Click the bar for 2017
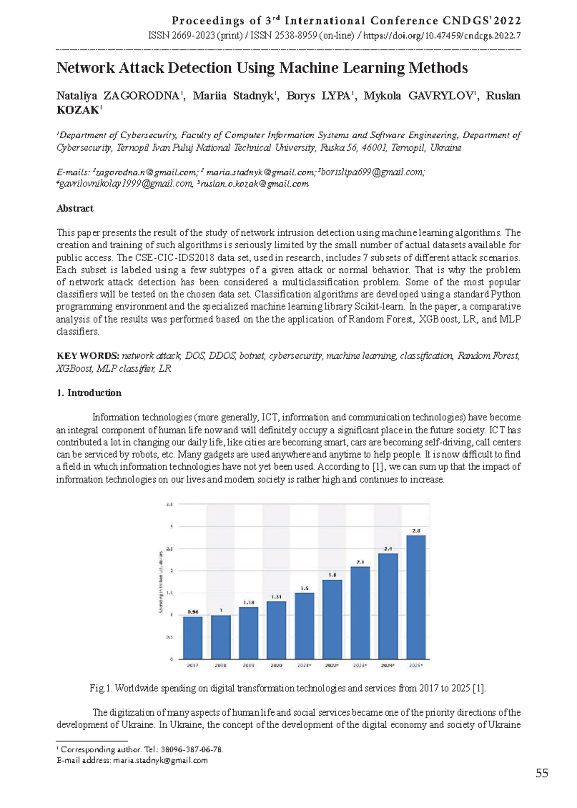(x=192, y=638)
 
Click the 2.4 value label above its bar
(x=388, y=548)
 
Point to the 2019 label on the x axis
(x=248, y=666)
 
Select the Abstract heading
(x=75, y=208)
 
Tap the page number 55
(x=542, y=773)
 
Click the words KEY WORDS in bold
(x=88, y=356)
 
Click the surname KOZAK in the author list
(x=77, y=110)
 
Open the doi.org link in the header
(x=442, y=36)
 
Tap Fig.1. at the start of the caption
(x=101, y=688)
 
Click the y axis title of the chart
(x=160, y=582)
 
